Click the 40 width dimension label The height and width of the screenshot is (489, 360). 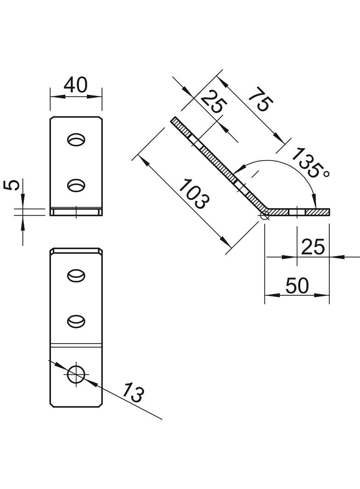coord(75,85)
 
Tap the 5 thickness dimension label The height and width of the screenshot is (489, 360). coord(14,185)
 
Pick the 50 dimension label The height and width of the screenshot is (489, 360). coord(297,286)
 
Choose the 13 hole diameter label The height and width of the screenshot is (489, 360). coord(134,394)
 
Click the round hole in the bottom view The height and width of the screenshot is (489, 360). coord(76,374)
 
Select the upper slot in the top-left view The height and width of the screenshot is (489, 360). coord(76,139)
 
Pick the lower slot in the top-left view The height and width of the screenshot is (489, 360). coord(76,185)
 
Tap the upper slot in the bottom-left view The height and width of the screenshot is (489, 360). coord(76,275)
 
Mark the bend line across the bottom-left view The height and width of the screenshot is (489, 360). coord(76,344)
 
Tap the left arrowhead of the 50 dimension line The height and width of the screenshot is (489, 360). coord(269,295)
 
